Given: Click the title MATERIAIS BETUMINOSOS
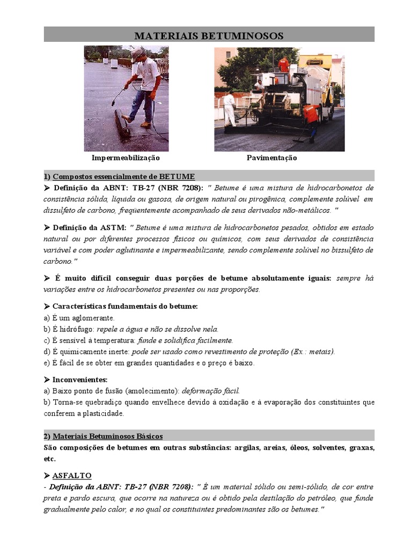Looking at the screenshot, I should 209,36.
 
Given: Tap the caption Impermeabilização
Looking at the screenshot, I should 126,158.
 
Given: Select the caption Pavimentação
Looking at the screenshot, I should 271,158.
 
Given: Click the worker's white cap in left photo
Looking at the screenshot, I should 138,53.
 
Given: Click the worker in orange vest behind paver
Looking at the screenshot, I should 311,115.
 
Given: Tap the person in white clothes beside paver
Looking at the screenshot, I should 230,107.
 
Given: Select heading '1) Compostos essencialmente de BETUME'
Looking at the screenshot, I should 119,176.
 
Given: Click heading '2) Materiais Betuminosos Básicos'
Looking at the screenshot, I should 103,436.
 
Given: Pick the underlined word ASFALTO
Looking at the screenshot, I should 72,476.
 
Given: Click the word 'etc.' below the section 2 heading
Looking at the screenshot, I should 49,459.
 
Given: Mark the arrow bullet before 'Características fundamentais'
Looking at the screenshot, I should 46,306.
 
